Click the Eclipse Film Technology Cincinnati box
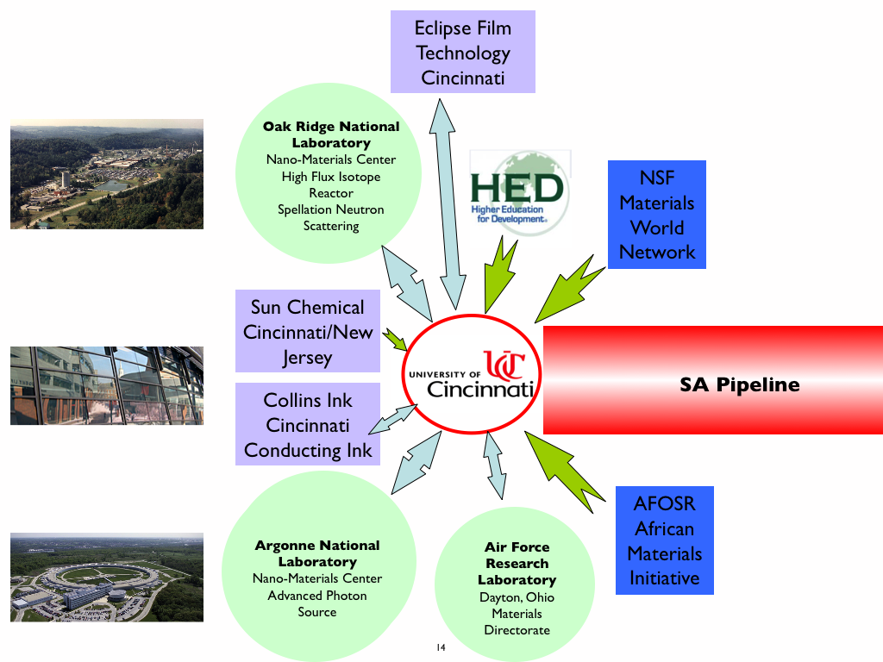pyautogui.click(x=462, y=52)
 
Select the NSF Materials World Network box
pyautogui.click(x=656, y=215)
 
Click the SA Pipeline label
pyautogui.click(x=740, y=384)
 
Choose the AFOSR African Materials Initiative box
pyautogui.click(x=664, y=540)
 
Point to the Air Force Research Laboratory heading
pyautogui.click(x=517, y=564)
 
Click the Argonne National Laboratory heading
pyautogui.click(x=317, y=553)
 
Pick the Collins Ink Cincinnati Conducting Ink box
pyautogui.click(x=308, y=425)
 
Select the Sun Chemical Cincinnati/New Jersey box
pyautogui.click(x=308, y=332)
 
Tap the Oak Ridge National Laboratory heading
pyautogui.click(x=331, y=134)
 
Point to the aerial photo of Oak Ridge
pyautogui.click(x=107, y=174)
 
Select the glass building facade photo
pyautogui.click(x=107, y=385)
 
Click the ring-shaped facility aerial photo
pyautogui.click(x=107, y=578)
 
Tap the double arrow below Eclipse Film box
pyautogui.click(x=452, y=198)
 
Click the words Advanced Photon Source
pyautogui.click(x=317, y=603)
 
